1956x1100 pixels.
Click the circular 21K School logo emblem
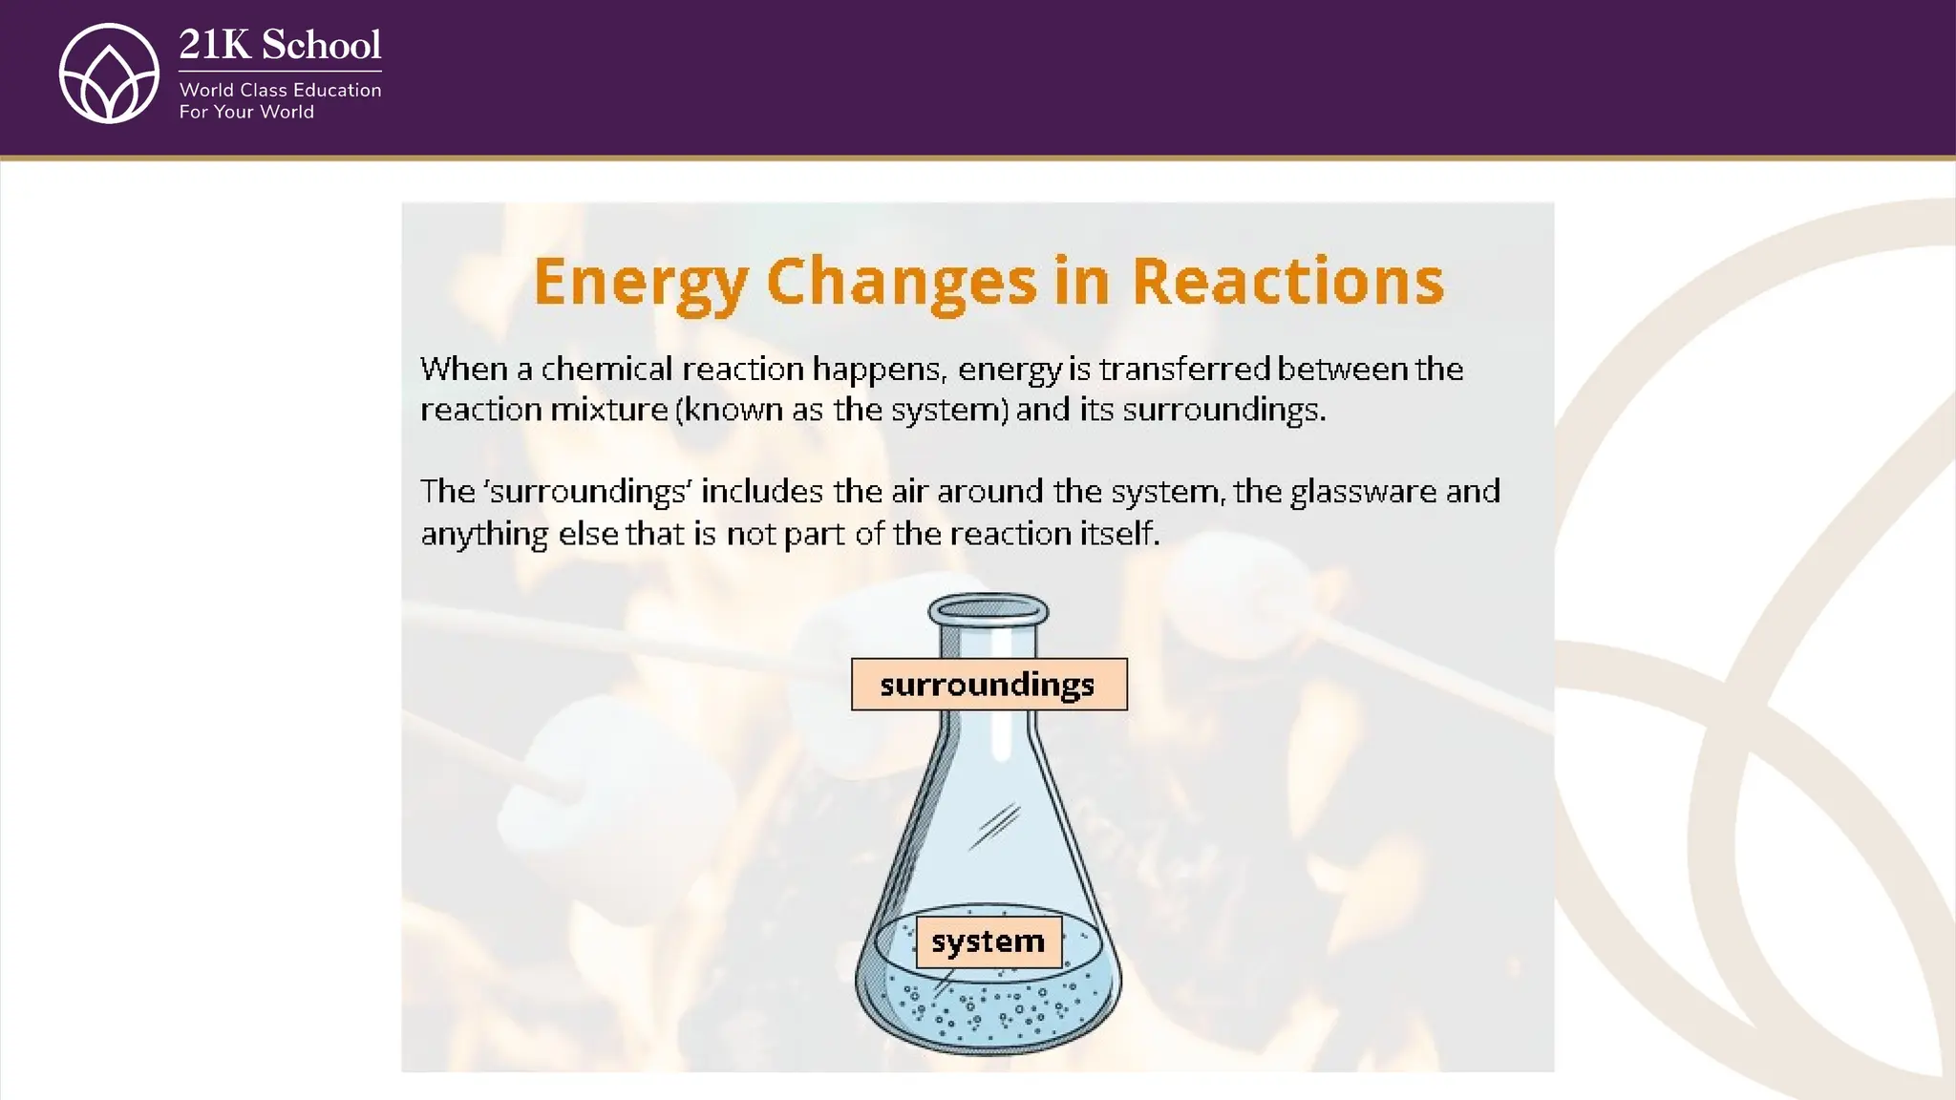pos(109,74)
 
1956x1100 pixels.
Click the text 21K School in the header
pos(280,45)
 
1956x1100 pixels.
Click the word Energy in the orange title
pos(640,282)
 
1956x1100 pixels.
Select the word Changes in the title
pos(901,282)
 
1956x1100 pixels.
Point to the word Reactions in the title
pos(1287,282)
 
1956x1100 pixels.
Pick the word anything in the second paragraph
pos(484,534)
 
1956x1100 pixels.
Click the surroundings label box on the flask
pos(989,684)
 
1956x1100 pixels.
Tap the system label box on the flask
pos(989,941)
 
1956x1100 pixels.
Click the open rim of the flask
pos(989,609)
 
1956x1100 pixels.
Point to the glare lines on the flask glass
pos(996,825)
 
